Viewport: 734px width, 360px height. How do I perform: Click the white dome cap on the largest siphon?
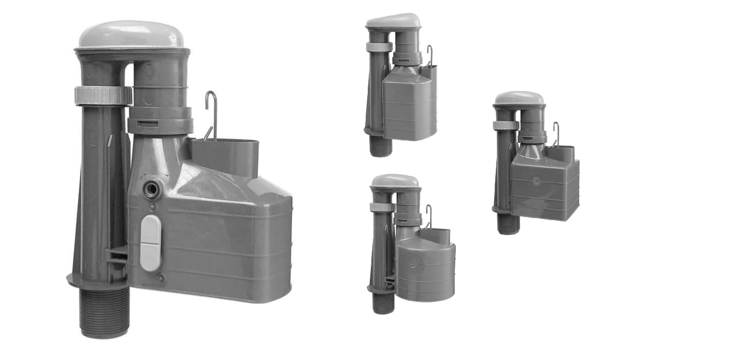[x=132, y=34]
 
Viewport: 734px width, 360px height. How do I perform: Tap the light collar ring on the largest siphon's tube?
[x=103, y=96]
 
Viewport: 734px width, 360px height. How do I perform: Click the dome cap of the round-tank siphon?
[x=395, y=181]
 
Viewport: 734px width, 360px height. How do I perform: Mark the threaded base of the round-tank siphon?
[x=383, y=303]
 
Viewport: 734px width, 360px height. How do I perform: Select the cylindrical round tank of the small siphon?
[x=425, y=273]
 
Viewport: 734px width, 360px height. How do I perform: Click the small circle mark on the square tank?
[x=537, y=181]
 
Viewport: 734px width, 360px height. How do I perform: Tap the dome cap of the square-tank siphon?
[x=519, y=98]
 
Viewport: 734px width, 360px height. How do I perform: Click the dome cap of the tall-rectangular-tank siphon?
[x=393, y=21]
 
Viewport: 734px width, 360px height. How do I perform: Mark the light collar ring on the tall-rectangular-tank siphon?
[x=379, y=47]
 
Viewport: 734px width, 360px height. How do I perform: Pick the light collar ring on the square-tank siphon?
[x=505, y=125]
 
